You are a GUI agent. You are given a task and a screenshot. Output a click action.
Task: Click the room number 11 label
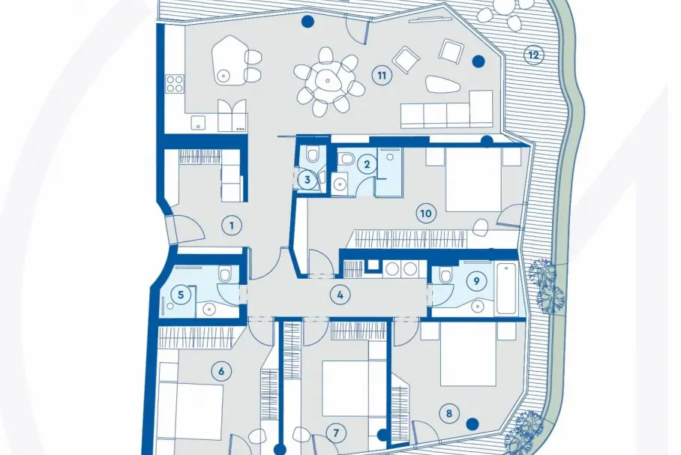click(x=381, y=76)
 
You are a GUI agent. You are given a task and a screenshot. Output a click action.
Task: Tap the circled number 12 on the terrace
click(x=533, y=55)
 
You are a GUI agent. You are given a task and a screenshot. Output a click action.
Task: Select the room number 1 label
click(x=232, y=226)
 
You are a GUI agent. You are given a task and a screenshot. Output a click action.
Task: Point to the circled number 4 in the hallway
click(x=340, y=295)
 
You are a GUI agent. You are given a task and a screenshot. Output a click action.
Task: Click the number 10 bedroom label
click(x=426, y=214)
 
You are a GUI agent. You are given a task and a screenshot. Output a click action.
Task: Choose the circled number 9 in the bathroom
click(x=476, y=281)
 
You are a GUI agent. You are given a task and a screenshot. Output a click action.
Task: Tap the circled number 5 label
click(x=181, y=295)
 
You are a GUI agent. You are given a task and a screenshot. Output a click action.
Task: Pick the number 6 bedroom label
click(x=221, y=372)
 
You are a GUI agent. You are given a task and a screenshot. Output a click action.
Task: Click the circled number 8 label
click(x=448, y=413)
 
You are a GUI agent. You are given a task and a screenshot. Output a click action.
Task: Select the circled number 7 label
click(x=336, y=433)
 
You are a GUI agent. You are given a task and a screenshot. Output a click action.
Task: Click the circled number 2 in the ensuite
click(x=367, y=165)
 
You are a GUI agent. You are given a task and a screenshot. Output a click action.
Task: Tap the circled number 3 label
click(x=307, y=179)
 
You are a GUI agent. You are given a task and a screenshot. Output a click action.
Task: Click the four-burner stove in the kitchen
click(x=175, y=83)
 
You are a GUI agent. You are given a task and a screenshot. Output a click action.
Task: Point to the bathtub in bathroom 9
click(x=505, y=289)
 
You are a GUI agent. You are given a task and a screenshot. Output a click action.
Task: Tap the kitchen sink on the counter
click(x=198, y=122)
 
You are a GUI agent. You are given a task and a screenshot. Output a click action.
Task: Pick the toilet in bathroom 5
click(x=225, y=274)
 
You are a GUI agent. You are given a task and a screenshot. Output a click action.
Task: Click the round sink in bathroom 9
click(x=478, y=307)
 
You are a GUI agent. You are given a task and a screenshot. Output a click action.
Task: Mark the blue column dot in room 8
click(x=472, y=424)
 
